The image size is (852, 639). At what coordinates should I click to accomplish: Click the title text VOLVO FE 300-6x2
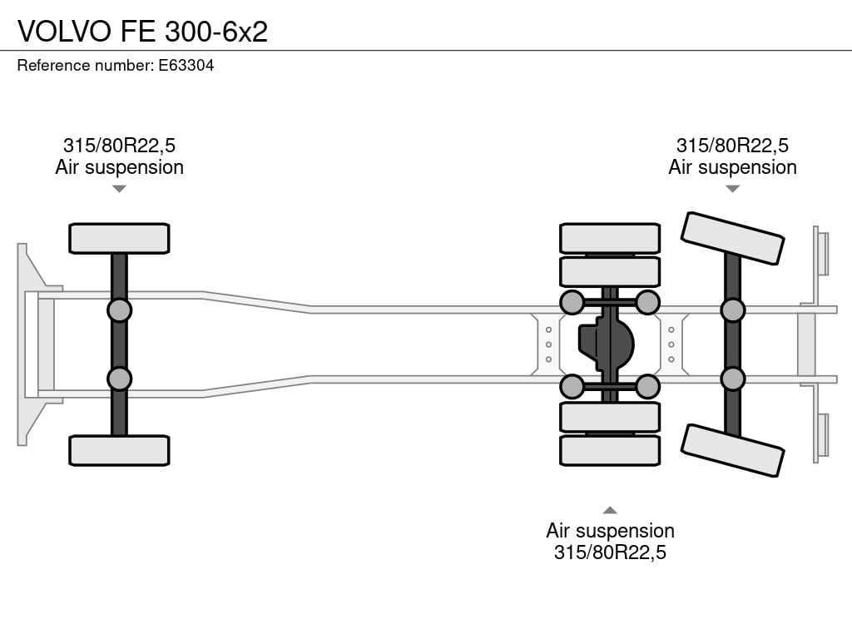pyautogui.click(x=142, y=32)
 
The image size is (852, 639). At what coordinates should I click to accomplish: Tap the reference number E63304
pyautogui.click(x=186, y=66)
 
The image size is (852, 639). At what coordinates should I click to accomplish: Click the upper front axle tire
pyautogui.click(x=119, y=238)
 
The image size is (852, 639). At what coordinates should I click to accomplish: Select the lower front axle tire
pyautogui.click(x=119, y=450)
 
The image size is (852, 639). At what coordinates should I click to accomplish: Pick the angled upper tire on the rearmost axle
pyautogui.click(x=732, y=238)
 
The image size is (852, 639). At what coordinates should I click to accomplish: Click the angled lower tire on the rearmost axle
pyautogui.click(x=732, y=450)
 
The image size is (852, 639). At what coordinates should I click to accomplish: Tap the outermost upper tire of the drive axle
pyautogui.click(x=610, y=238)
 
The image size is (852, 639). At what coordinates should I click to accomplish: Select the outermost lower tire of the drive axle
pyautogui.click(x=610, y=450)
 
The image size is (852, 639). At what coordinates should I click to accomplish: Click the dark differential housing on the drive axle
pyautogui.click(x=606, y=344)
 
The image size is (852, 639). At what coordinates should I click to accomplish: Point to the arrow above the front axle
pyautogui.click(x=119, y=189)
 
